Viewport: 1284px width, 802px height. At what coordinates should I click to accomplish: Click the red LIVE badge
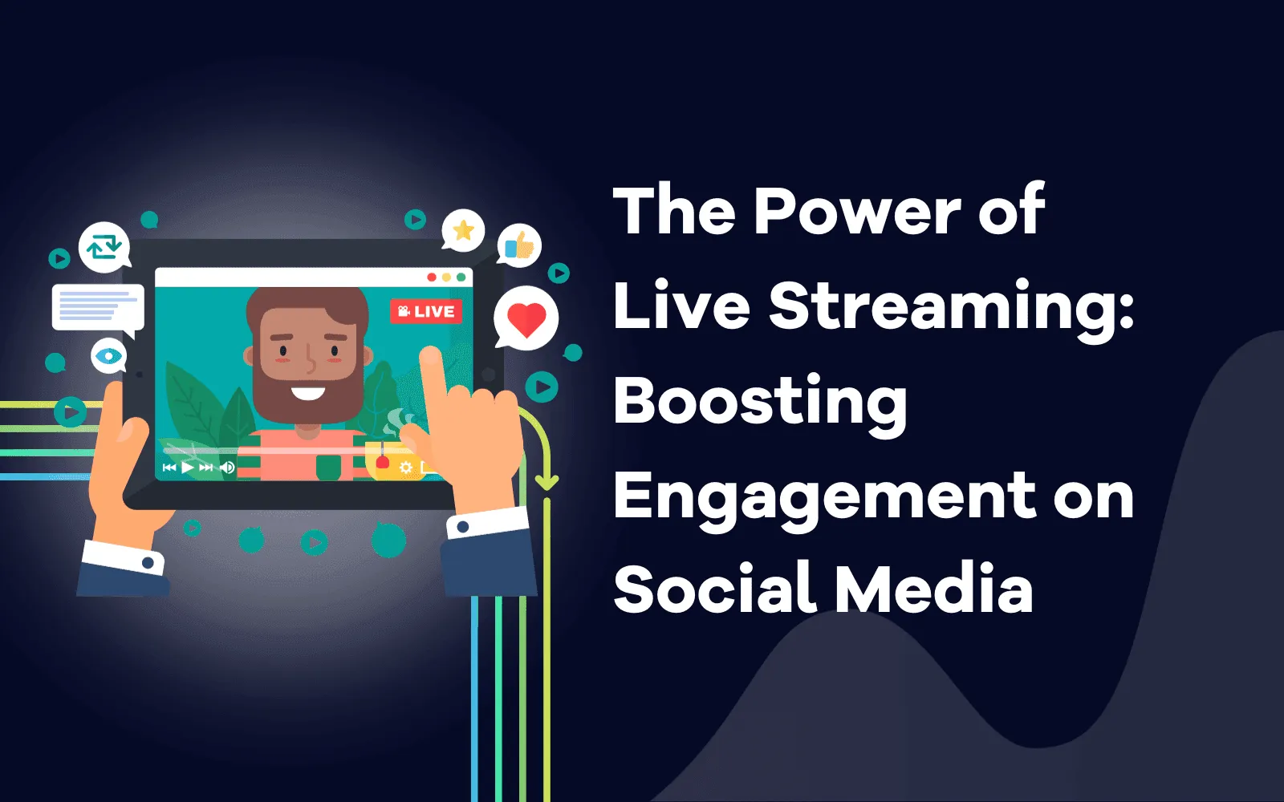(426, 312)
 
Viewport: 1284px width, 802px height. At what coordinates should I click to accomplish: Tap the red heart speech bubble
(526, 318)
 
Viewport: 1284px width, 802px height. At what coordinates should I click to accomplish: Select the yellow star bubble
(462, 231)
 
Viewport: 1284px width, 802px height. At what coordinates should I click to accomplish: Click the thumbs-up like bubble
(518, 245)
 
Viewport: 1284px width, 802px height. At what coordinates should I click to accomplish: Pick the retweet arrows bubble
(104, 247)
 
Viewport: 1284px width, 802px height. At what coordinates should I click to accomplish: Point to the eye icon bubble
(108, 356)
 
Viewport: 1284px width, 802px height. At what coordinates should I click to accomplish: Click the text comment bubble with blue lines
(98, 309)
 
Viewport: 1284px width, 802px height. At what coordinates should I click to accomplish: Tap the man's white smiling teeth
(308, 394)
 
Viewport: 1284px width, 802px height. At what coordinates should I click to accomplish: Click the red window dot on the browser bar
(432, 277)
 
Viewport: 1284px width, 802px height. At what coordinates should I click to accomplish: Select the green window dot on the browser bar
(461, 277)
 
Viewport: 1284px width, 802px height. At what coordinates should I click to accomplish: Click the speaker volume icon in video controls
(228, 468)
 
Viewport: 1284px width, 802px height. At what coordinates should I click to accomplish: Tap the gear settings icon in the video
(406, 468)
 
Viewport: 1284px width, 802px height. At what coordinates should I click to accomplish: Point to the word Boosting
(760, 404)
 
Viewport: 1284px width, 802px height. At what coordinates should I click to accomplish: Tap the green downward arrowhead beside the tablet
(547, 482)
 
